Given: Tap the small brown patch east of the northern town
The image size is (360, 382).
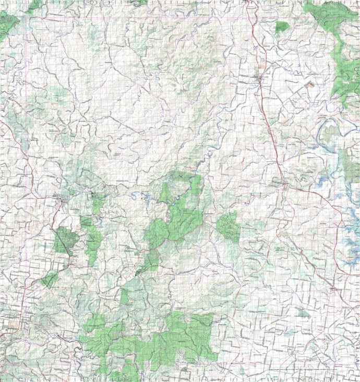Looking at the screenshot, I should (310, 83).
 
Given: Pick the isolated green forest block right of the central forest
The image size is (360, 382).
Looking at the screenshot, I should (229, 226).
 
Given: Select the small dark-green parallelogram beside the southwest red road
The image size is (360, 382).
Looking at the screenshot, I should (50, 280).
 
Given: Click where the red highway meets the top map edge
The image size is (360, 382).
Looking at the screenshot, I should (248, 2).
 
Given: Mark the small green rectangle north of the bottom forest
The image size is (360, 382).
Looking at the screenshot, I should (124, 296).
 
